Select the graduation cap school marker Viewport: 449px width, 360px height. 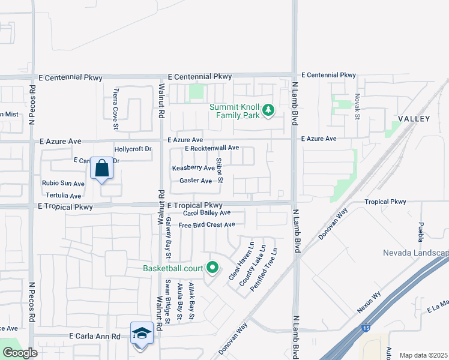[142, 333]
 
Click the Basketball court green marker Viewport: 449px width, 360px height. [212, 268]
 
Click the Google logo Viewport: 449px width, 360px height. [20, 353]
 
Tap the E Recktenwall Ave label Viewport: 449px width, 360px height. [212, 148]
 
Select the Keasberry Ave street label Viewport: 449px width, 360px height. [193, 169]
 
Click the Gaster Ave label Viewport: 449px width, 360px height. [196, 181]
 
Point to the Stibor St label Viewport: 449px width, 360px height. [220, 170]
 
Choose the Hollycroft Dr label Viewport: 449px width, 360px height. [133, 149]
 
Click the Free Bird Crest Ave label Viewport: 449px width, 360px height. [206, 224]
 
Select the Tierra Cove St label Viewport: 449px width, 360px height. [116, 110]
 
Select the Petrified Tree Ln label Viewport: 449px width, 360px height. [264, 270]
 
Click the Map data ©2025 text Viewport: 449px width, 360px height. [423, 355]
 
